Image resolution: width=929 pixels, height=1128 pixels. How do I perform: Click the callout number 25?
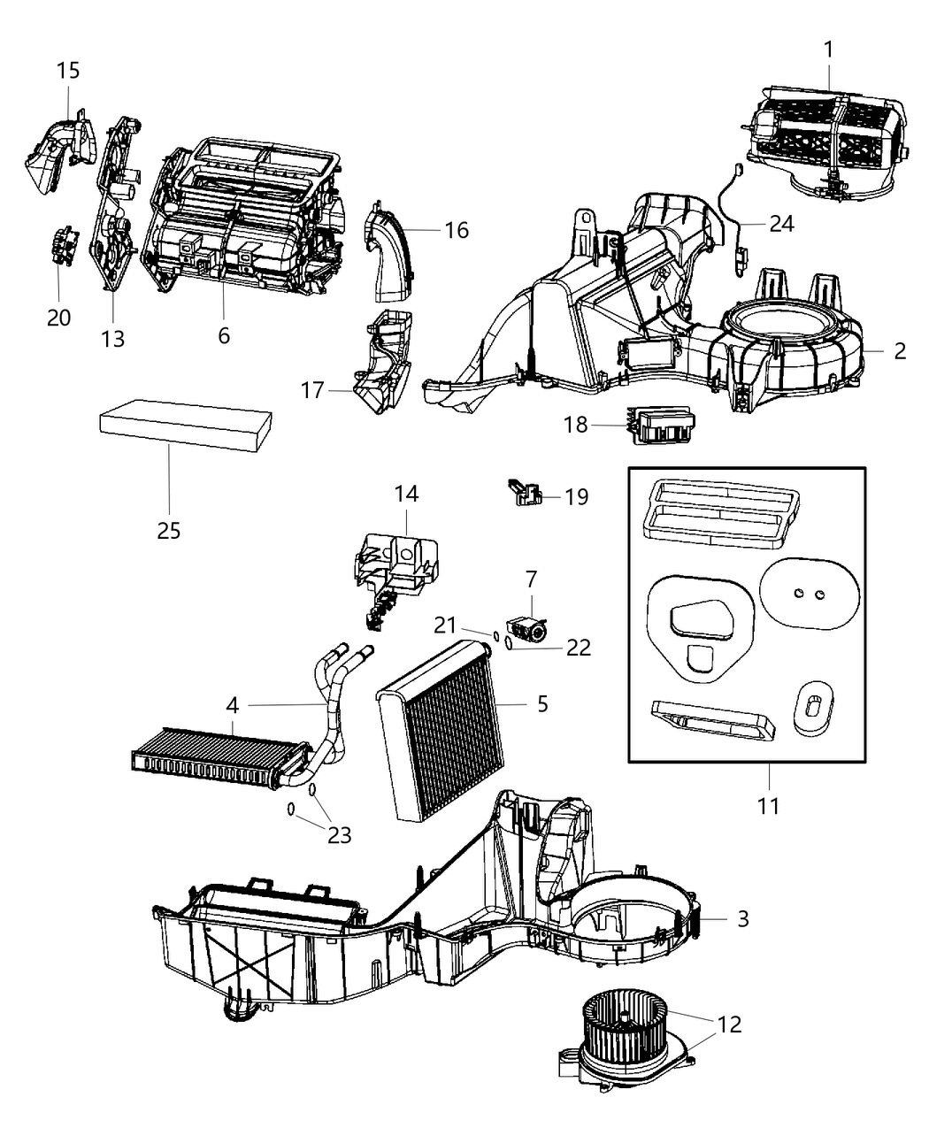click(x=168, y=530)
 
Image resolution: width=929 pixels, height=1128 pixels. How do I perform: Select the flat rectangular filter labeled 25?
click(x=186, y=429)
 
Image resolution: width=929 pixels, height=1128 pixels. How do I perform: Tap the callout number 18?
click(x=575, y=425)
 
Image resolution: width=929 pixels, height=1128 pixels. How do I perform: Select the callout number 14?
click(x=407, y=494)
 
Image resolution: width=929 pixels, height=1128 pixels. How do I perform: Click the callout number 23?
click(x=340, y=834)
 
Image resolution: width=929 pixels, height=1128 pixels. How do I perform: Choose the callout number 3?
click(x=742, y=918)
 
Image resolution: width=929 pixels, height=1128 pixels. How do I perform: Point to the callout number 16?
click(x=457, y=230)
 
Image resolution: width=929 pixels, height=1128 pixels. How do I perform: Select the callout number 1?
click(x=828, y=50)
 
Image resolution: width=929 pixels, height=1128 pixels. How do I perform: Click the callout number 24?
click(x=781, y=223)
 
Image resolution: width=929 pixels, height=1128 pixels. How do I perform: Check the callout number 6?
click(x=223, y=335)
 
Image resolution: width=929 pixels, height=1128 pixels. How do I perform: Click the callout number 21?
click(x=445, y=625)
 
